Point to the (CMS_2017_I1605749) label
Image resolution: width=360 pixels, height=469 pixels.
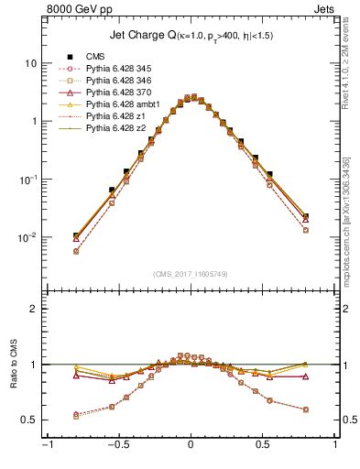(x=190, y=274)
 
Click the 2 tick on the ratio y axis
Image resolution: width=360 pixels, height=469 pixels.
(x=33, y=309)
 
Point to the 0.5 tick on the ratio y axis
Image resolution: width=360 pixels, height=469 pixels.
(x=28, y=420)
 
